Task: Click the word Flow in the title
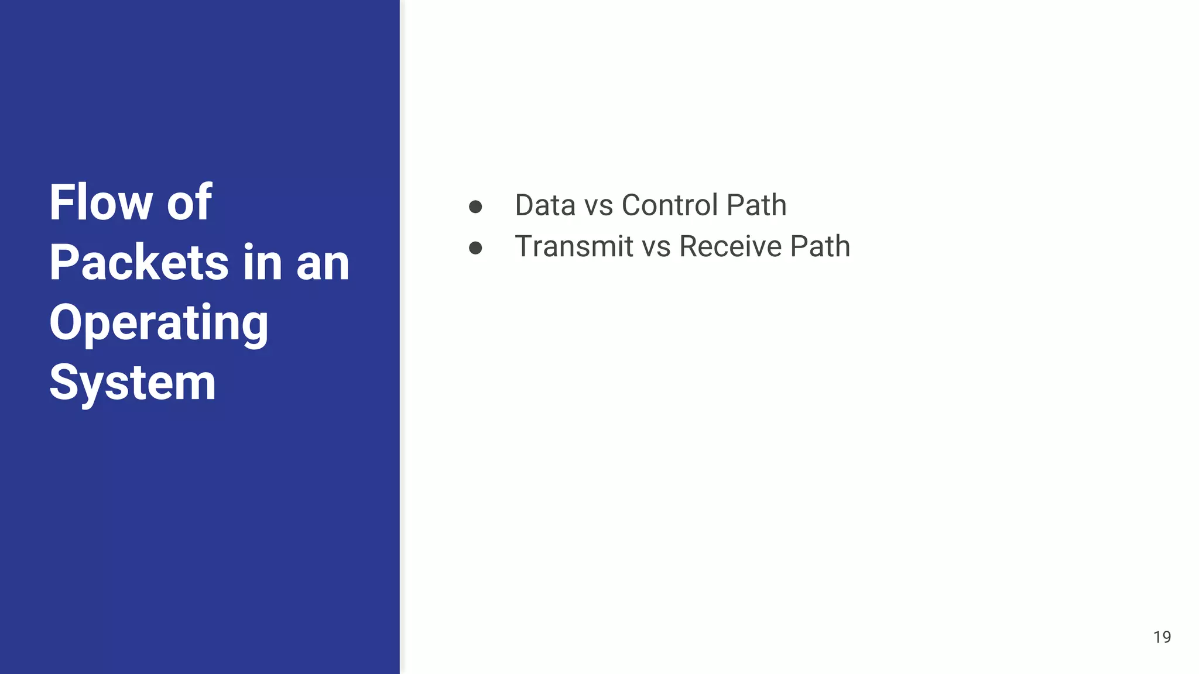(x=101, y=202)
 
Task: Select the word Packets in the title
(x=139, y=263)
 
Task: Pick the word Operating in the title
(x=159, y=323)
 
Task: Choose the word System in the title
(x=133, y=383)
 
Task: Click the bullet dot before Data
(x=475, y=207)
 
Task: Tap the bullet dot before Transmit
(x=475, y=248)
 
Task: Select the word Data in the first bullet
(x=545, y=205)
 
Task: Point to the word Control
(x=669, y=205)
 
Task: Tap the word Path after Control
(x=756, y=205)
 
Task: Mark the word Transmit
(x=574, y=246)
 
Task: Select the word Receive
(x=730, y=246)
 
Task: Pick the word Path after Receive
(x=820, y=246)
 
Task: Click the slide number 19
(x=1162, y=637)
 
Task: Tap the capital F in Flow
(x=60, y=202)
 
